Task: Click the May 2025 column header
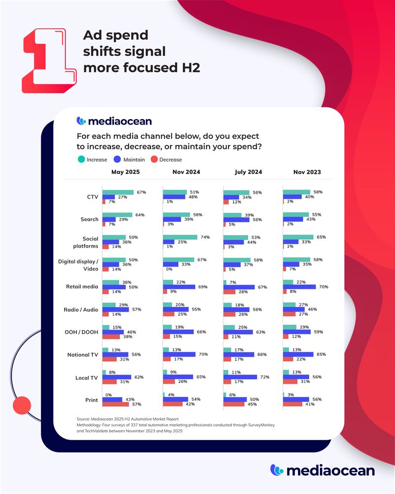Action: point(125,172)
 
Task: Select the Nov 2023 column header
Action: point(307,172)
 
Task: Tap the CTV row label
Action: point(92,197)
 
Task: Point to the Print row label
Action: point(91,399)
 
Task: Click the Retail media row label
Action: point(82,287)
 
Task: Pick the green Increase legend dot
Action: point(81,160)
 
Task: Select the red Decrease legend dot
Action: point(153,160)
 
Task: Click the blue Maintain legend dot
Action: point(117,160)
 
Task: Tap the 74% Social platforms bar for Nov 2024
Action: point(180,237)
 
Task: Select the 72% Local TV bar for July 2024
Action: point(240,377)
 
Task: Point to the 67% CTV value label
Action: point(141,192)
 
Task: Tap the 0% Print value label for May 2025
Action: point(109,394)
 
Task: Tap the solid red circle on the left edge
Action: point(21,405)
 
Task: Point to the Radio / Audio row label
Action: point(82,310)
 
